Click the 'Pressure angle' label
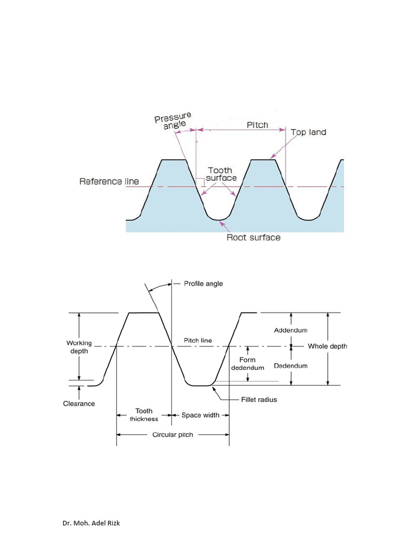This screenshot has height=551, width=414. [173, 121]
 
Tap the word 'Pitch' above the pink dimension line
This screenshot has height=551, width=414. [257, 125]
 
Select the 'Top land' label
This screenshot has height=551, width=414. [308, 132]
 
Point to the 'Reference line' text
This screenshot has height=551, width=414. [109, 181]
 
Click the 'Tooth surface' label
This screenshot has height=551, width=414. [221, 174]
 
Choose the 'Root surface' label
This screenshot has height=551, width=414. [253, 237]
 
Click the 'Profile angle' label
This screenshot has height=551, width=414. [203, 284]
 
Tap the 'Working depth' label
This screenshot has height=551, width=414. [79, 347]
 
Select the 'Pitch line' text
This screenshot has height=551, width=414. [198, 340]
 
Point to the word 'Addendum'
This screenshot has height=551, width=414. [291, 330]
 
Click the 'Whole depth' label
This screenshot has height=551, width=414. [327, 347]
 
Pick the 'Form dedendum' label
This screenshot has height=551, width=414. [247, 364]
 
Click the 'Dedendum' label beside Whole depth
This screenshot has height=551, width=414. [291, 366]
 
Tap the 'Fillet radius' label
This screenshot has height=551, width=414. [259, 400]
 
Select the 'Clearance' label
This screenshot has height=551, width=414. [79, 404]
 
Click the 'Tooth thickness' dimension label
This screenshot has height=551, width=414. [143, 415]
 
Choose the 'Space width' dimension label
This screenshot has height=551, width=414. [201, 415]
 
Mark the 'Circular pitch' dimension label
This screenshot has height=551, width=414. [172, 435]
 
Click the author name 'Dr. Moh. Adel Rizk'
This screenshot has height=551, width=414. [91, 523]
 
